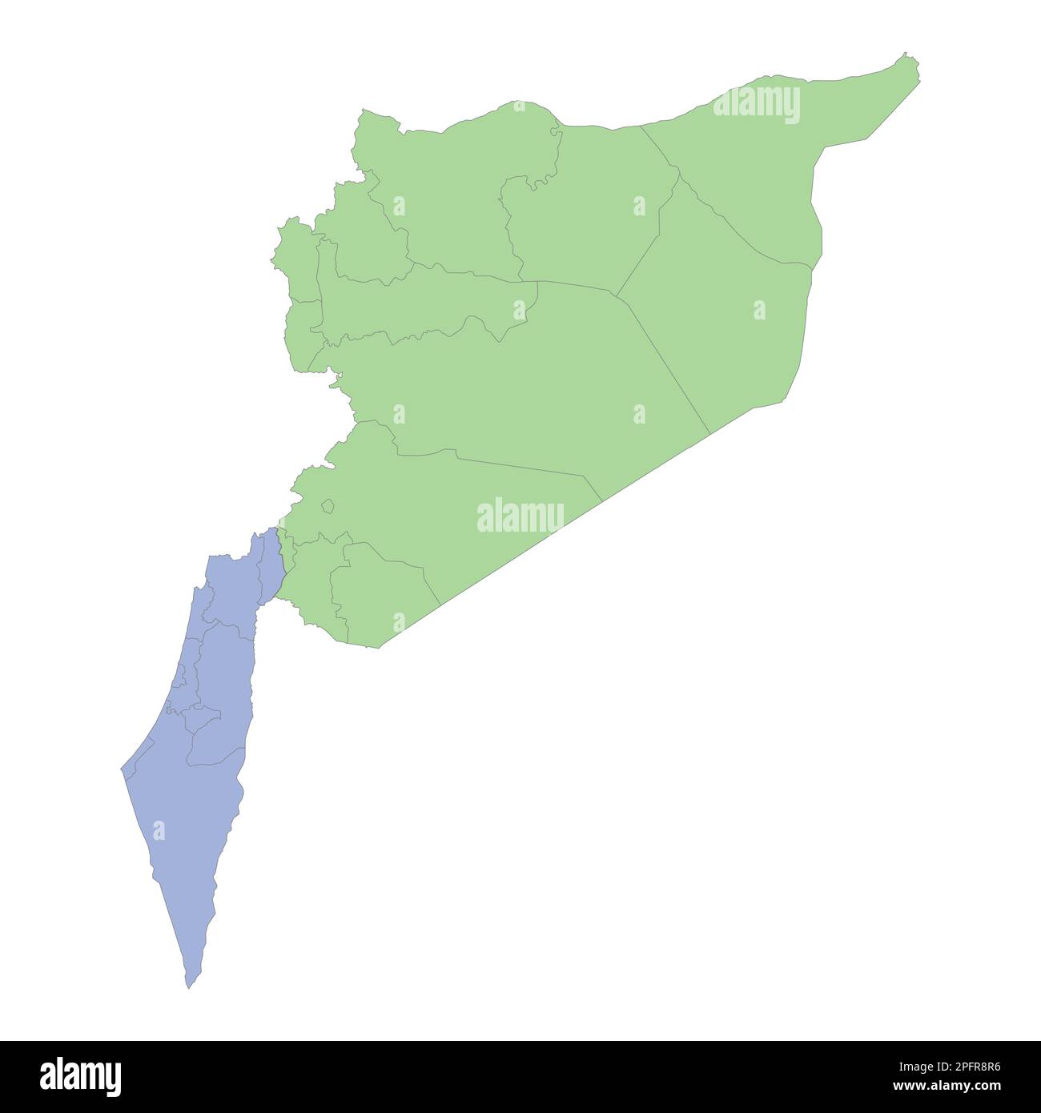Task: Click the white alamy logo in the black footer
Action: click(81, 1076)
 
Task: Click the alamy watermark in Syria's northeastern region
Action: click(756, 105)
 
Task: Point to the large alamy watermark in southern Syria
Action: click(520, 516)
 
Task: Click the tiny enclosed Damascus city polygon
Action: click(327, 506)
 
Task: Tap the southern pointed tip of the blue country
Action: click(189, 985)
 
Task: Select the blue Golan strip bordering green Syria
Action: click(272, 565)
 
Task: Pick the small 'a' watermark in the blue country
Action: click(159, 830)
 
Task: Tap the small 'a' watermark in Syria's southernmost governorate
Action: click(399, 621)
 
